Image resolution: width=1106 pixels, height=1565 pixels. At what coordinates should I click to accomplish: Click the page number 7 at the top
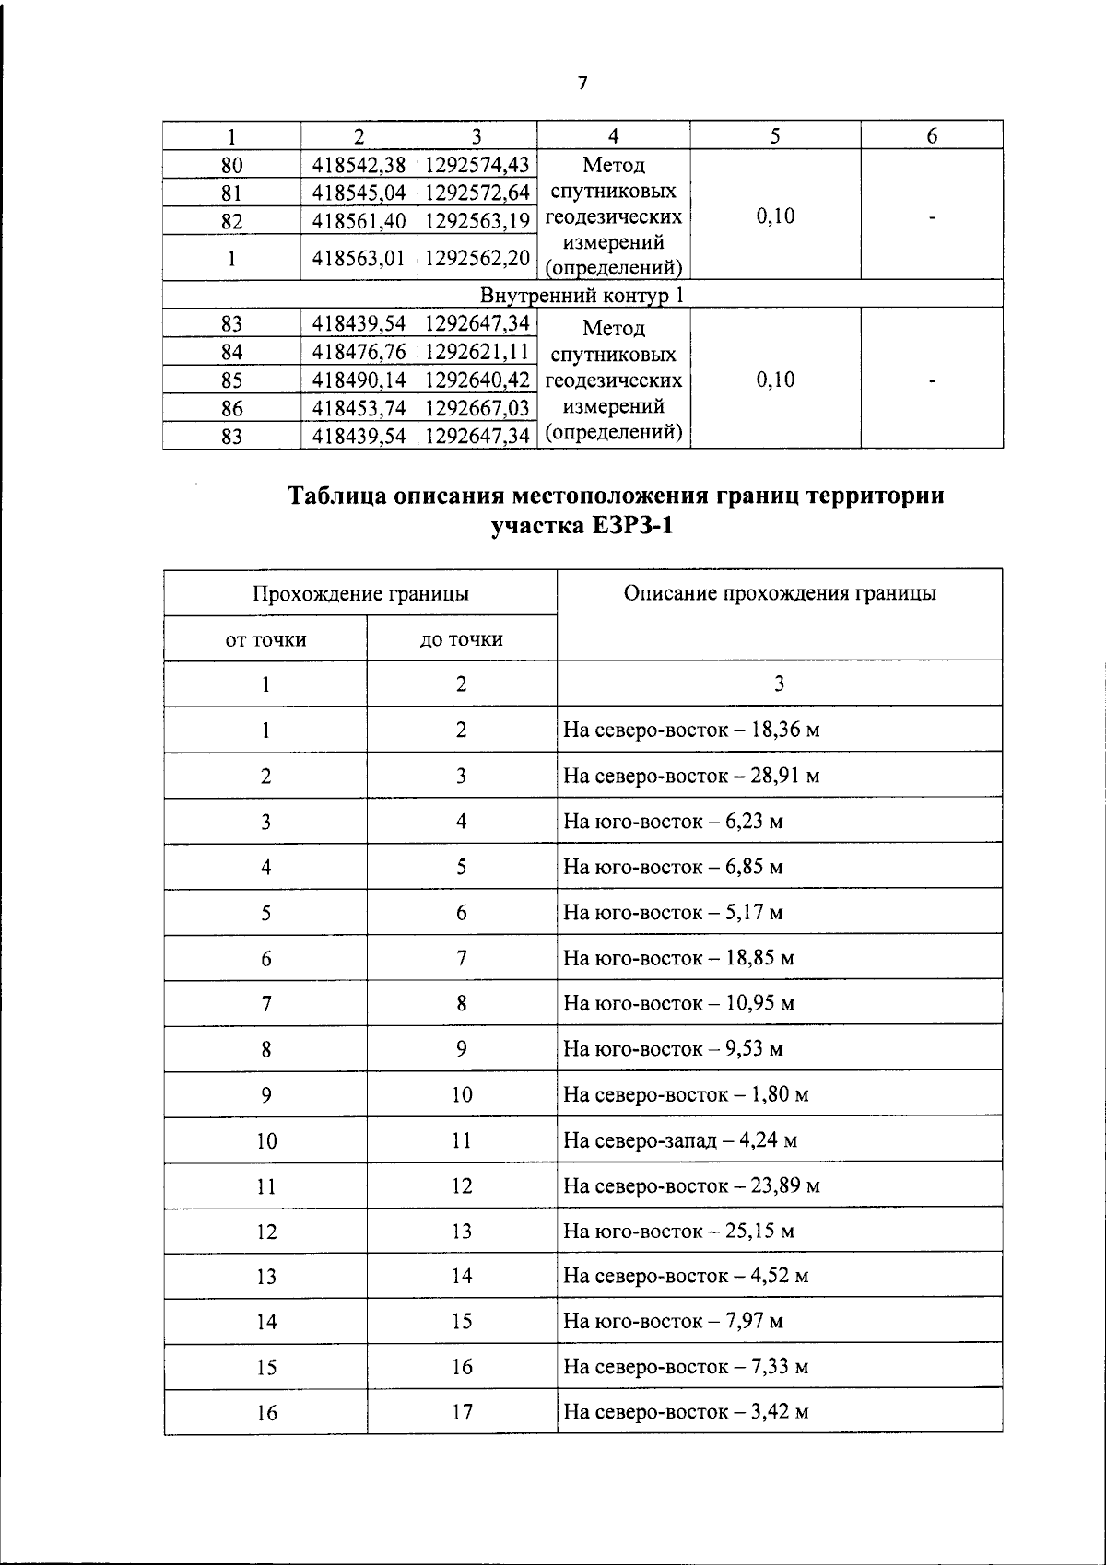pos(582,84)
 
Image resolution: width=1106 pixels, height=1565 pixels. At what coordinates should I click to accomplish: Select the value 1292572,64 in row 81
pos(477,193)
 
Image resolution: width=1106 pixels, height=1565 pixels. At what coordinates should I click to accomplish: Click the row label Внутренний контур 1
pos(582,296)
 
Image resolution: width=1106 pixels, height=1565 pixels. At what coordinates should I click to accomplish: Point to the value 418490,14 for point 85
pos(359,380)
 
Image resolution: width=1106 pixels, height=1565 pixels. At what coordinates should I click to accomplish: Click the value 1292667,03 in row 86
pos(477,408)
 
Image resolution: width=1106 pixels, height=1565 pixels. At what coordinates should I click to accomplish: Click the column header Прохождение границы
pos(360,593)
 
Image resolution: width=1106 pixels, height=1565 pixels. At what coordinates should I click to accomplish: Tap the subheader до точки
pos(462,638)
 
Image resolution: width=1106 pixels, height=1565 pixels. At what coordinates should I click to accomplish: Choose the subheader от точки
pos(265,638)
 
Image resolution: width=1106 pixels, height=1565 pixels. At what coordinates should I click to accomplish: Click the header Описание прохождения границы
pos(780,593)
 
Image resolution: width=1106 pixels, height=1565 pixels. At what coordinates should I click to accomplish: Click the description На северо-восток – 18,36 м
pos(691,730)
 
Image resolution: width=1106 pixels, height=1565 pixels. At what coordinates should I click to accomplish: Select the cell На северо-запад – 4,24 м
pos(680,1140)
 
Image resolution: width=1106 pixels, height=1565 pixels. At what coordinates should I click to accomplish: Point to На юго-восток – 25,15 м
pos(678,1232)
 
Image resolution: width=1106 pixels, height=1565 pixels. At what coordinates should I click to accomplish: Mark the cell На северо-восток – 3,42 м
pos(686,1412)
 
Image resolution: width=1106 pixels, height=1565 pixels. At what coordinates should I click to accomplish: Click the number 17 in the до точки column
pos(462,1412)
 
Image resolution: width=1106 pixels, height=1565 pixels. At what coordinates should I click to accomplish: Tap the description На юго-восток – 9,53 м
pos(673,1049)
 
